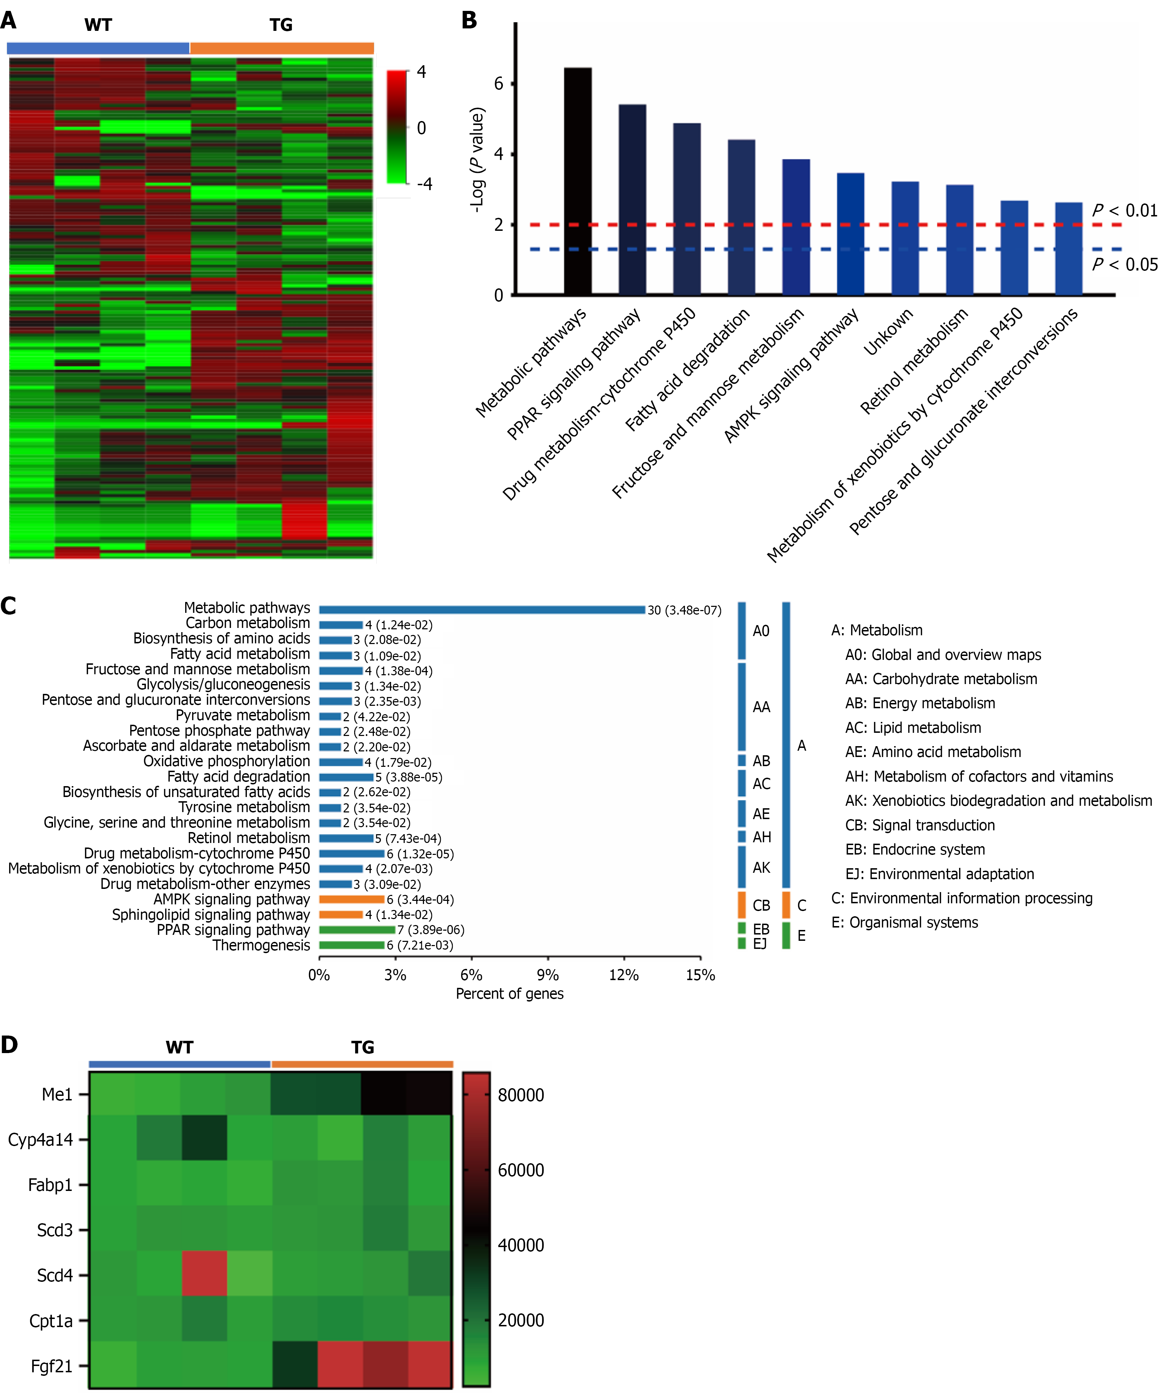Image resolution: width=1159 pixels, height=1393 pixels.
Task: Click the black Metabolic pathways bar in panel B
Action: pyautogui.click(x=578, y=181)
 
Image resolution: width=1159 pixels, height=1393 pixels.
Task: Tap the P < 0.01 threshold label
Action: pyautogui.click(x=1125, y=211)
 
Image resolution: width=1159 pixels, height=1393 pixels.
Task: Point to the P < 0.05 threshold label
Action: pyautogui.click(x=1125, y=264)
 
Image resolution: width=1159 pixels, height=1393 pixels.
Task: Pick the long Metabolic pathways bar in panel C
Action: pyautogui.click(x=482, y=610)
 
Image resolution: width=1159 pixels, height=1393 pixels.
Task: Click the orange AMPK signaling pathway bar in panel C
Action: pyautogui.click(x=351, y=899)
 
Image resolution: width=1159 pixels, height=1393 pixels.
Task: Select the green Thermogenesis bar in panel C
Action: pyautogui.click(x=351, y=945)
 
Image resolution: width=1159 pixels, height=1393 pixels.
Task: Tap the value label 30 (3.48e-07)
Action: pyautogui.click(x=684, y=610)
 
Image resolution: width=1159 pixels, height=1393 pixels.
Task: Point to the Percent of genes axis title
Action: pyautogui.click(x=509, y=994)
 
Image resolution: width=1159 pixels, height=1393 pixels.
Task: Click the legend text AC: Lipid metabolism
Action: pyautogui.click(x=913, y=728)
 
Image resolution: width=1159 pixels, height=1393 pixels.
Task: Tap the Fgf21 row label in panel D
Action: pyautogui.click(x=52, y=1366)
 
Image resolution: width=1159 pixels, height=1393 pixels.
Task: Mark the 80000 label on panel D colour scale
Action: pyautogui.click(x=521, y=1095)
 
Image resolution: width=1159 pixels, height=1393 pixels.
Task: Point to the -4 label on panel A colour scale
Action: pyautogui.click(x=424, y=184)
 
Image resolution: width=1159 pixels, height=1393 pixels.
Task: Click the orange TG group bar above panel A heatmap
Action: pyautogui.click(x=282, y=48)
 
